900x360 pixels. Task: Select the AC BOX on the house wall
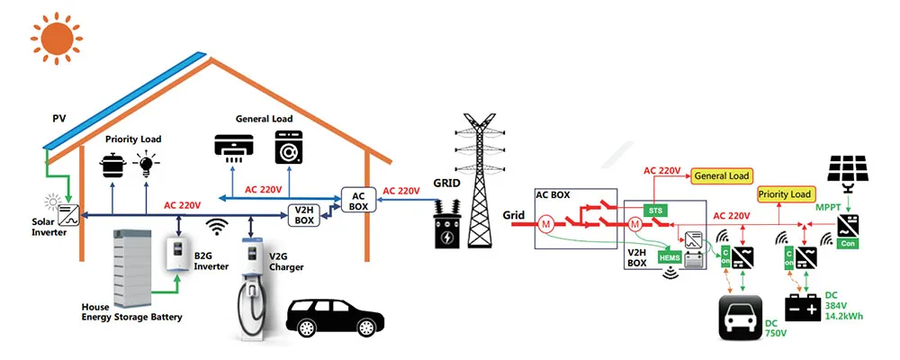tap(357, 201)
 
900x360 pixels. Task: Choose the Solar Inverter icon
tap(67, 215)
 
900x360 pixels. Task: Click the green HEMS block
tap(669, 257)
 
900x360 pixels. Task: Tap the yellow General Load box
tap(723, 176)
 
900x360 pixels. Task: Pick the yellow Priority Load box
tap(785, 193)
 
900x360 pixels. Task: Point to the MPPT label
tap(826, 208)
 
